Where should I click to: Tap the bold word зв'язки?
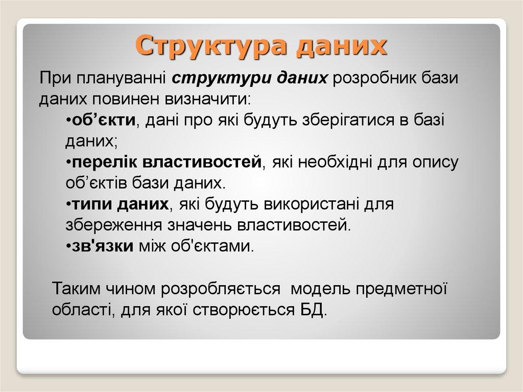[102, 246]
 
